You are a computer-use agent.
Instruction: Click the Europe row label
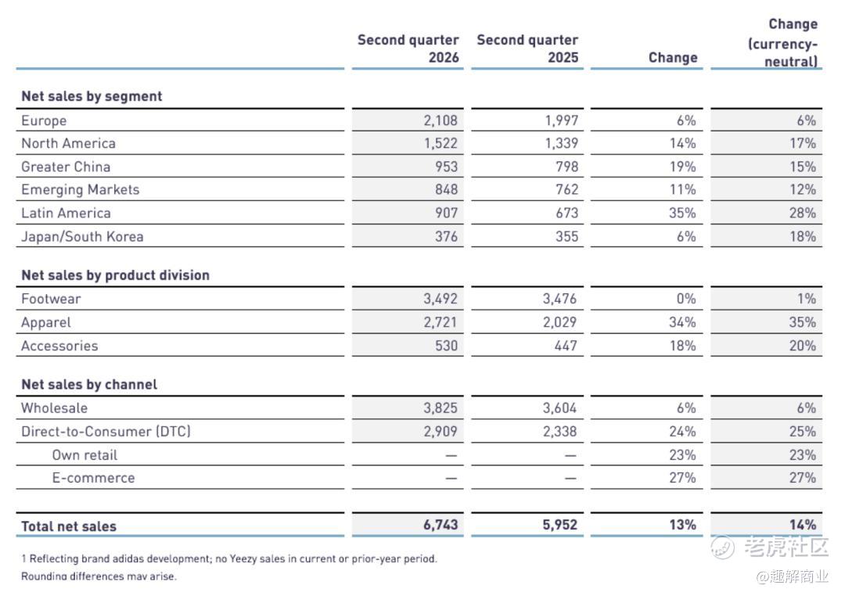click(44, 120)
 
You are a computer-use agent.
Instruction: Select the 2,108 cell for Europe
click(440, 120)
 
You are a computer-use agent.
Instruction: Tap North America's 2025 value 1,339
click(562, 143)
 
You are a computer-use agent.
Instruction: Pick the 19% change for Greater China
click(682, 167)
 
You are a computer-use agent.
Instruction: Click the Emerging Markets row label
click(81, 190)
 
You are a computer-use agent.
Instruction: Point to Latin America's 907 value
click(447, 213)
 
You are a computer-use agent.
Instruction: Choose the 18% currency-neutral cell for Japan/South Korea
click(803, 236)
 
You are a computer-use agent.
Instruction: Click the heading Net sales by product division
click(115, 275)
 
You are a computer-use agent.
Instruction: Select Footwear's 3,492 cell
click(440, 299)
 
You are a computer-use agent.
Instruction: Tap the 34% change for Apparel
click(682, 322)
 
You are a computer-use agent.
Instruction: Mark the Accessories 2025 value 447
click(566, 346)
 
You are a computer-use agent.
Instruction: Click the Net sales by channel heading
click(89, 385)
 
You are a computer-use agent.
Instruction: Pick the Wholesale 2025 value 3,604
click(559, 408)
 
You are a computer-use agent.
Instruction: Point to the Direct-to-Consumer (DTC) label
click(106, 432)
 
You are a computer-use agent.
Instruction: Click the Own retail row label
click(84, 455)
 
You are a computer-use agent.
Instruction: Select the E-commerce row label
click(93, 478)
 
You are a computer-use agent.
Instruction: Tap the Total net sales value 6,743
click(440, 525)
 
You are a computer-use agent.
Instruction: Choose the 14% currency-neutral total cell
click(803, 525)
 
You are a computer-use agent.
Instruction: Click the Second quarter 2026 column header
click(408, 48)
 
